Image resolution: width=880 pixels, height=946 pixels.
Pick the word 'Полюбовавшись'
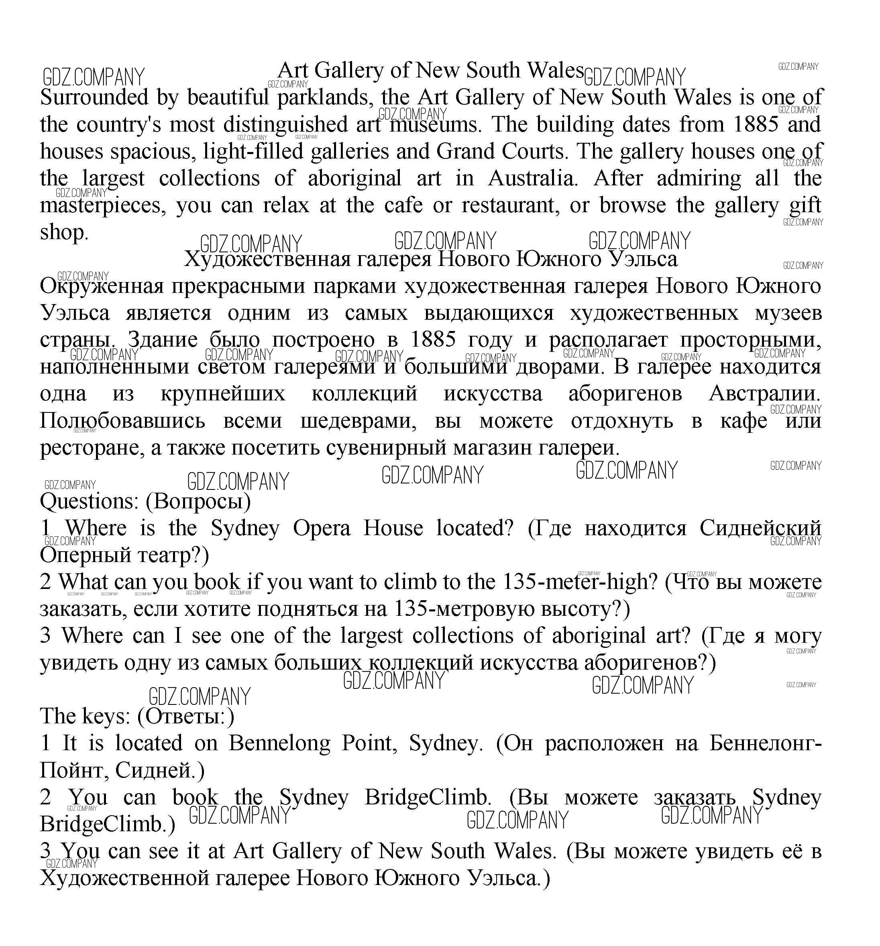tap(122, 421)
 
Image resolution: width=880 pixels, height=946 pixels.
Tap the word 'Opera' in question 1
tap(322, 528)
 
